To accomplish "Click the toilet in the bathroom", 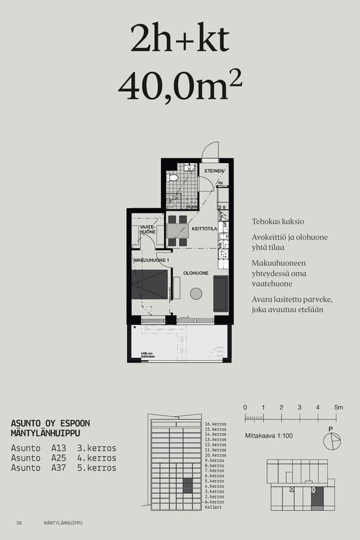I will [x=173, y=178].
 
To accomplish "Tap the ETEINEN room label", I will [x=214, y=171].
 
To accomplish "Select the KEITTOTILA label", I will [x=204, y=229].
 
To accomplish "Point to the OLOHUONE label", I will [x=196, y=273].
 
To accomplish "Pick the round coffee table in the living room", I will [x=196, y=293].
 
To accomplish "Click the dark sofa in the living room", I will [x=220, y=293].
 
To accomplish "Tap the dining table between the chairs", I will [x=177, y=230].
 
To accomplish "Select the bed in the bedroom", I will [x=149, y=284].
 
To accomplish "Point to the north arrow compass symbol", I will [x=331, y=441].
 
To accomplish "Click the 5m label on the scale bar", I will [x=338, y=408].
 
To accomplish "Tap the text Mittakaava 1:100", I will [x=269, y=436].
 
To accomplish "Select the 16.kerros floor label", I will [x=215, y=424].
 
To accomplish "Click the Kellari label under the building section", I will [x=213, y=508].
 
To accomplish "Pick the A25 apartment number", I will [x=59, y=458].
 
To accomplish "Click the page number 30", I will [x=19, y=523].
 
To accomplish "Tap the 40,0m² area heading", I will [x=180, y=86].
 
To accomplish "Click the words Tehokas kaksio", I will [x=278, y=221].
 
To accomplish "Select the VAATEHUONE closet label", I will [x=148, y=229].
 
